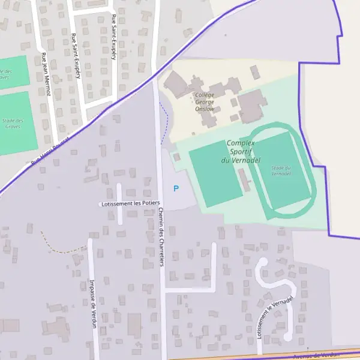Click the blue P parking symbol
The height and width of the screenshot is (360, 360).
point(176,188)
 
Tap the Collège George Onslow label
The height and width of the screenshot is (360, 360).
point(205,102)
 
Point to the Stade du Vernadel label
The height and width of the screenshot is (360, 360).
point(281,170)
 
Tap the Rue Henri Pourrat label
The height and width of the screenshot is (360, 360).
point(50,150)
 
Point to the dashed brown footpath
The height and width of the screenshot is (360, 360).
point(60,247)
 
